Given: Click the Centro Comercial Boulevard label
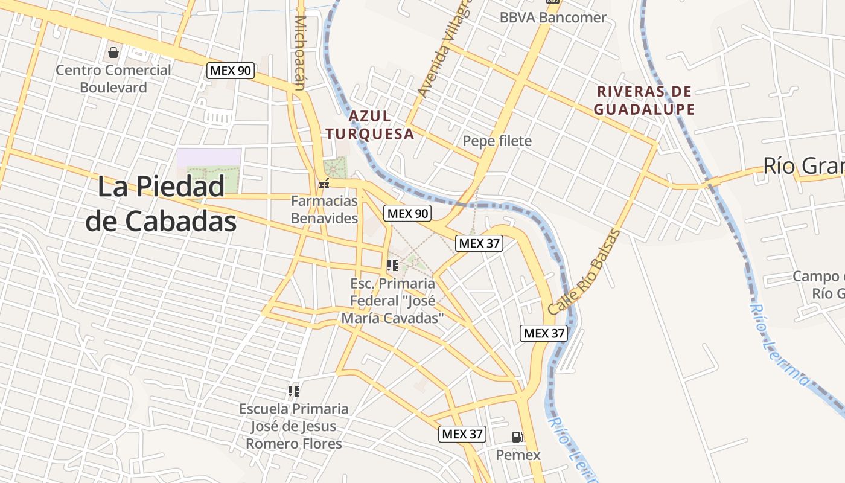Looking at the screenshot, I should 113,78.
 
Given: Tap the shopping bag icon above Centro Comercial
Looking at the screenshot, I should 113,53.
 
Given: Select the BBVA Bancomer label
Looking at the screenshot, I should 552,17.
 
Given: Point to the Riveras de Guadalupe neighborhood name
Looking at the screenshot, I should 644,100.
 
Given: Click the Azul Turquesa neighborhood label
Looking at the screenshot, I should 370,125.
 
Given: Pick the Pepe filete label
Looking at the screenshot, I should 497,141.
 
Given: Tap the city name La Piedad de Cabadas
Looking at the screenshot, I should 161,204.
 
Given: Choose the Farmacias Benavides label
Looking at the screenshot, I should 324,210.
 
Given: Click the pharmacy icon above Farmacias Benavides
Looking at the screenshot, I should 324,183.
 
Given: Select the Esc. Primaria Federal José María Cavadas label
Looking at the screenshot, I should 392,300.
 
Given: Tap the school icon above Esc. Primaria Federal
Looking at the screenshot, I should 392,265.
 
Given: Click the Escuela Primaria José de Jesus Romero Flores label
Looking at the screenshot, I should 294,426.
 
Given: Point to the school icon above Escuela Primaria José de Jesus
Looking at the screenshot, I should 294,391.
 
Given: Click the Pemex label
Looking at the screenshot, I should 518,455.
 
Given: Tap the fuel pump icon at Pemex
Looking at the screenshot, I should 517,437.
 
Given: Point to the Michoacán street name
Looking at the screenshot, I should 300,53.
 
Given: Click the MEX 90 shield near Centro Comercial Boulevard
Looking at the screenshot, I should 230,70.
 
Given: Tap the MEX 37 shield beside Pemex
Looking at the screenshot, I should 462,433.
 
